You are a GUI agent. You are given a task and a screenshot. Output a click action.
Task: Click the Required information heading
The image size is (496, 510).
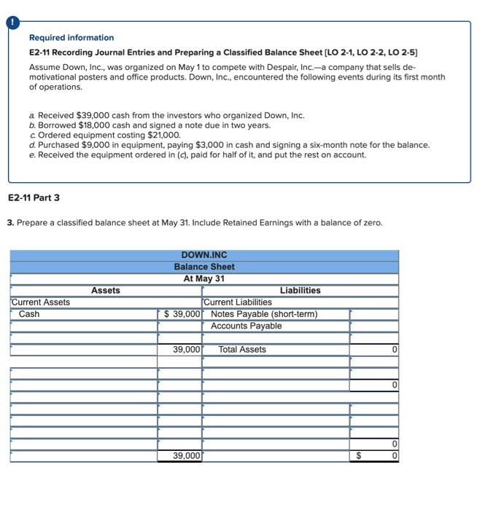coord(71,37)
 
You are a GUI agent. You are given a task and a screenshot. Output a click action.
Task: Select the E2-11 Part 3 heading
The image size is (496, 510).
coord(34,197)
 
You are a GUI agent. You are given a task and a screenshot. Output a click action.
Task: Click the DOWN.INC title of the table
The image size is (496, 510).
coord(204,255)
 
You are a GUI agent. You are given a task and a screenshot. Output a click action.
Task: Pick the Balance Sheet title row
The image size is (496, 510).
coord(204,267)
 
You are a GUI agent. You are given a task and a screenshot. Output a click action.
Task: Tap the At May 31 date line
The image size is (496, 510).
coord(204,278)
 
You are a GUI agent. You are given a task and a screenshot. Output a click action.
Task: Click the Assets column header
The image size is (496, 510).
coord(106,290)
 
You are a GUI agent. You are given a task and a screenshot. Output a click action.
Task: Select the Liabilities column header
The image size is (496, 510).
coord(300,290)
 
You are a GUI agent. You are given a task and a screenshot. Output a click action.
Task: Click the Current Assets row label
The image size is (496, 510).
coord(41,302)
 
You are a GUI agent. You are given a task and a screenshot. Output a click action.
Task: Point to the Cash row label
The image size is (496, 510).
coord(30,314)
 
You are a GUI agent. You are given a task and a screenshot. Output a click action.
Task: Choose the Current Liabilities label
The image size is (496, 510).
coord(238,302)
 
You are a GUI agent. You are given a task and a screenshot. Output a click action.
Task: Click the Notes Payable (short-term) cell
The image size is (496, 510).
coord(264,314)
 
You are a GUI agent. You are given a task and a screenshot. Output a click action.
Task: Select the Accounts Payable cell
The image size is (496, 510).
coord(246,326)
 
